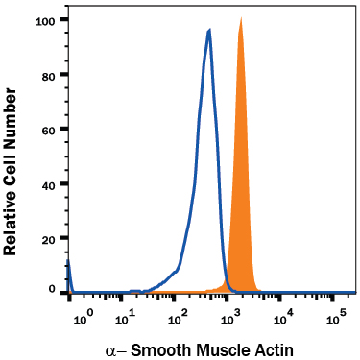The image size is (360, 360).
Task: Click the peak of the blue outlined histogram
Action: pos(208,30)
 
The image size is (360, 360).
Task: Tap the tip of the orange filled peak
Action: pos(240,18)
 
